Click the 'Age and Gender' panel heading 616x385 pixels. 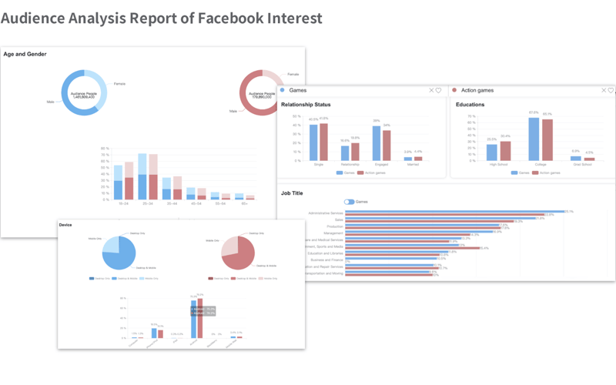pyautogui.click(x=25, y=55)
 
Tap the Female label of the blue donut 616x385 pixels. pyautogui.click(x=119, y=83)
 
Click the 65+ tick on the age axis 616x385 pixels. pyautogui.click(x=244, y=204)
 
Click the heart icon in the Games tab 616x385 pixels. pyautogui.click(x=439, y=91)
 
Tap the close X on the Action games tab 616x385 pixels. pyautogui.click(x=604, y=91)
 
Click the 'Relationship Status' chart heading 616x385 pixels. pyautogui.click(x=306, y=105)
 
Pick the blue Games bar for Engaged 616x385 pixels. pyautogui.click(x=377, y=142)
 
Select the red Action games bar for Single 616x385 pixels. pyautogui.click(x=324, y=142)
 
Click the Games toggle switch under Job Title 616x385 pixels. pyautogui.click(x=349, y=202)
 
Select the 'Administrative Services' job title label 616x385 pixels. pyautogui.click(x=326, y=212)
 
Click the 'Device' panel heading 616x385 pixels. pyautogui.click(x=66, y=225)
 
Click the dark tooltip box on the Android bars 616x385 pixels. pyautogui.click(x=203, y=311)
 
